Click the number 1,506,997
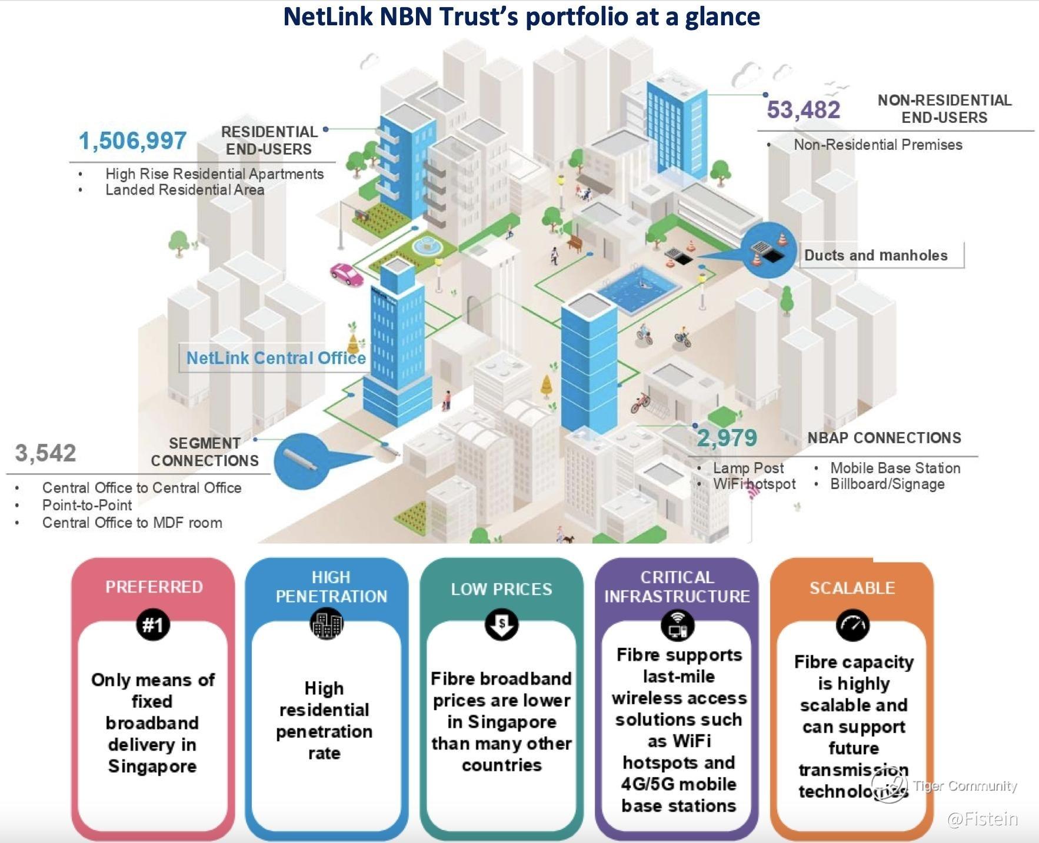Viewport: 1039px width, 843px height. pyautogui.click(x=132, y=141)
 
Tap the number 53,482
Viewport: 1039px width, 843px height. pyautogui.click(x=803, y=110)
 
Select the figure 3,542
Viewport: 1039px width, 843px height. pyautogui.click(x=46, y=453)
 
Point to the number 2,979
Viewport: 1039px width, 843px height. pyautogui.click(x=727, y=438)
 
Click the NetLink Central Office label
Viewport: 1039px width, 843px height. pyautogui.click(x=276, y=358)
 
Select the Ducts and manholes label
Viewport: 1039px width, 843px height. pyautogui.click(x=876, y=255)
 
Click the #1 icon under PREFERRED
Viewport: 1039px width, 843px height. pyautogui.click(x=153, y=625)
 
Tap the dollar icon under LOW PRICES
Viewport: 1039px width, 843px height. pyautogui.click(x=501, y=624)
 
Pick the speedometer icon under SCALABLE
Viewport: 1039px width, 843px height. pyautogui.click(x=852, y=624)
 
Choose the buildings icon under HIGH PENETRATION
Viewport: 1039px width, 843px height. pyautogui.click(x=327, y=624)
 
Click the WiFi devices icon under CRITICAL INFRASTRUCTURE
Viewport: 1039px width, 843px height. pyautogui.click(x=677, y=624)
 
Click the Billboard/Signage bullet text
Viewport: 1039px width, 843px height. pyautogui.click(x=887, y=484)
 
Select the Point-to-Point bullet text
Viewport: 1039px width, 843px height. pyautogui.click(x=87, y=505)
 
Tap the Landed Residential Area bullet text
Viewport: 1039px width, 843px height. pyautogui.click(x=185, y=190)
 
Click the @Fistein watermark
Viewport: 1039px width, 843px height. pyautogui.click(x=982, y=819)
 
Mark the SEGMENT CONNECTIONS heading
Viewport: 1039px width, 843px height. pyautogui.click(x=205, y=452)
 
